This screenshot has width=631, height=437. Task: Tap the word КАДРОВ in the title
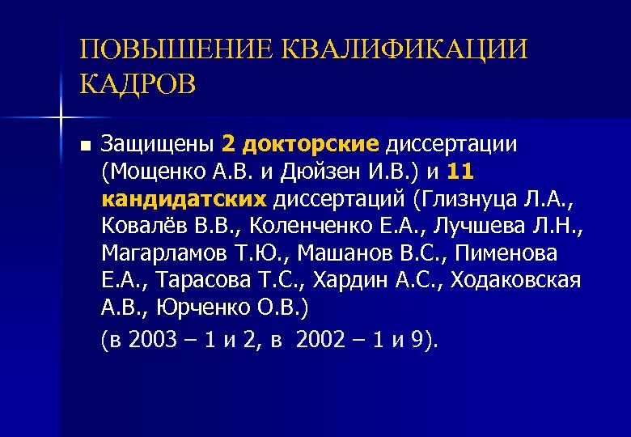click(138, 83)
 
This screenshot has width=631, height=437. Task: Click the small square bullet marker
click(86, 146)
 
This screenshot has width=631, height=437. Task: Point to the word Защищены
click(159, 145)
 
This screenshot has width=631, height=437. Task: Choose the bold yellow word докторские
click(310, 145)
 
